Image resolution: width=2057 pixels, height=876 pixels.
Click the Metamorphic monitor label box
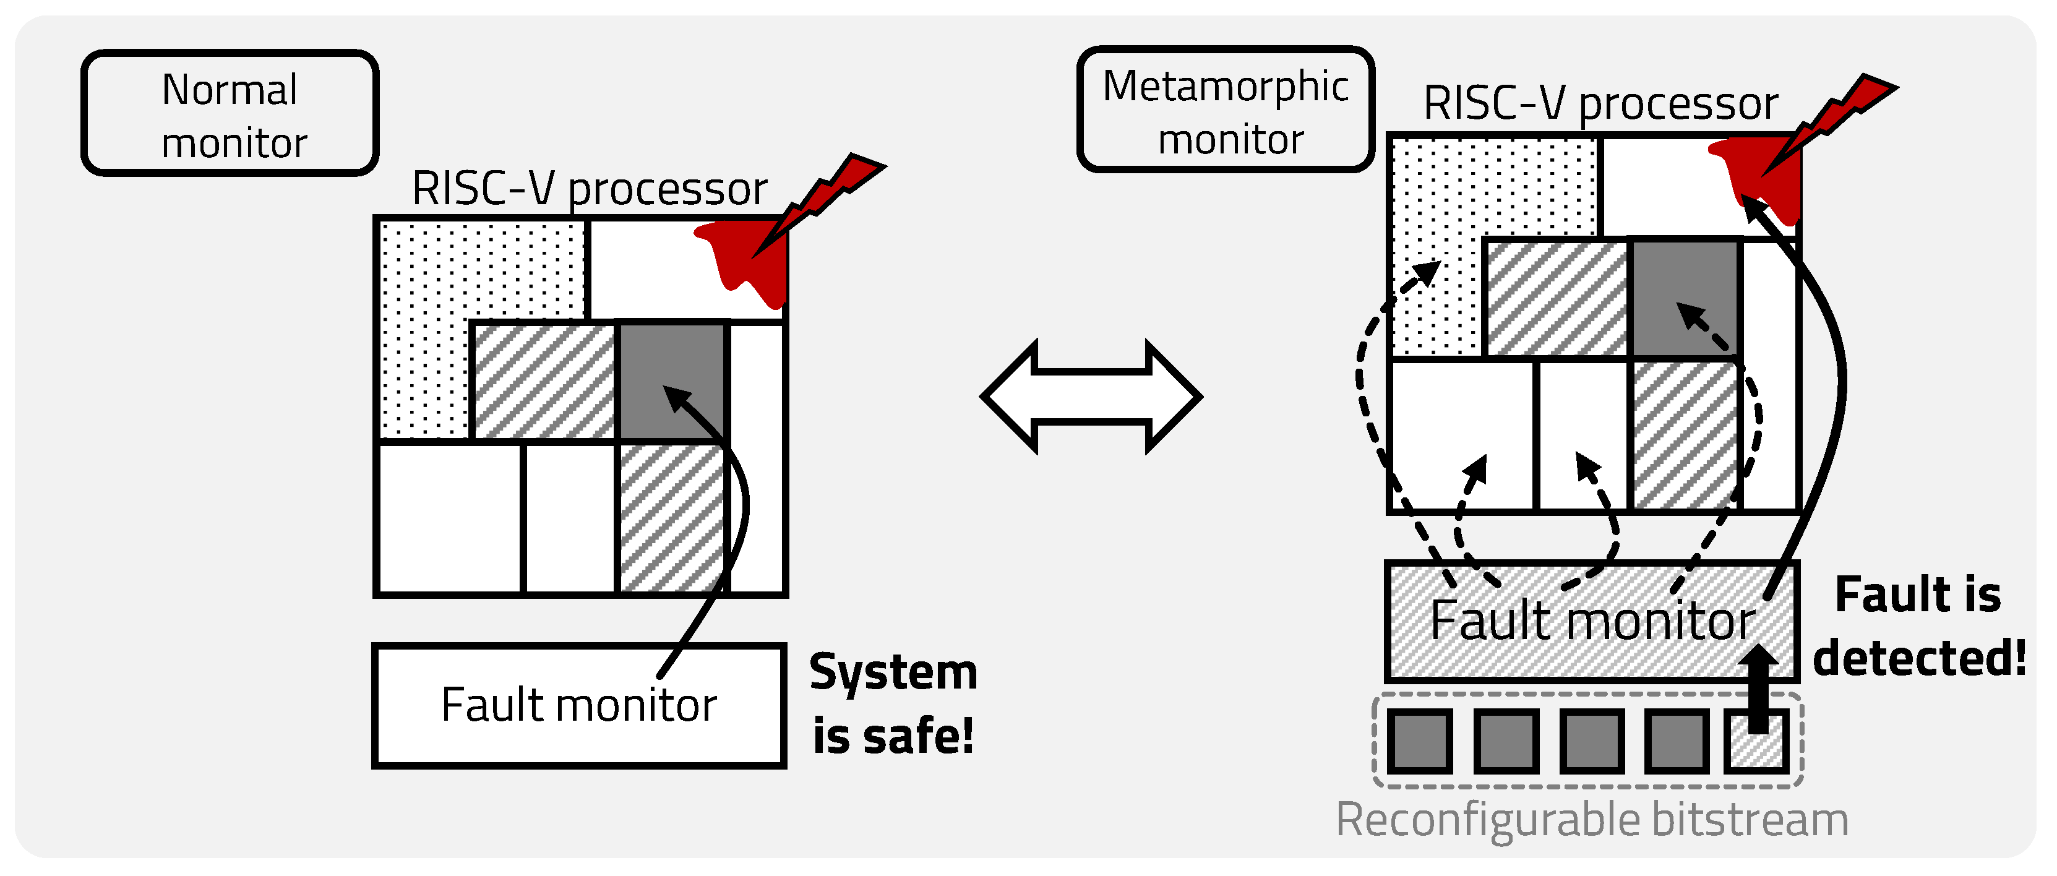(x=1225, y=110)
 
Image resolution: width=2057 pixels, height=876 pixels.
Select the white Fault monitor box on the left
(x=578, y=706)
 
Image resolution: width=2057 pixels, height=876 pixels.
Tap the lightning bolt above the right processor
(x=1837, y=120)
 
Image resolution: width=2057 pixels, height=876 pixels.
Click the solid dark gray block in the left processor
(x=671, y=379)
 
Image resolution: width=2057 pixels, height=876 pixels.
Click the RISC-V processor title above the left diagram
(x=590, y=190)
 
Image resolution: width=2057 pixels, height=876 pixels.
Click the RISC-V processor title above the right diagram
(x=1600, y=104)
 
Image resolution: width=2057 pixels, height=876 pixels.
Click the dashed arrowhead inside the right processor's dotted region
(x=1428, y=272)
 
